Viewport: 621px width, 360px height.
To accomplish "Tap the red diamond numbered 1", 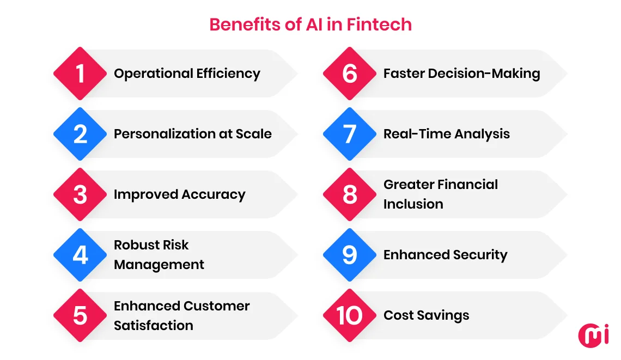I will pyautogui.click(x=80, y=74).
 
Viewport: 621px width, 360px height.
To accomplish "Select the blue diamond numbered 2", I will pyautogui.click(x=80, y=134).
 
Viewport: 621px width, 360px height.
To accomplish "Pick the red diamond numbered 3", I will pyautogui.click(x=80, y=194).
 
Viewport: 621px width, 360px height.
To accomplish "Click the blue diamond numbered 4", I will pyautogui.click(x=80, y=255).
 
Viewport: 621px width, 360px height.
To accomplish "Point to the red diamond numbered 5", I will pyautogui.click(x=80, y=315).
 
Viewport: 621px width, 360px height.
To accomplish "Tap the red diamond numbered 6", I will pyautogui.click(x=350, y=74).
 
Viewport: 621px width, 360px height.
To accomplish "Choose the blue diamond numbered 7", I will pyautogui.click(x=350, y=134).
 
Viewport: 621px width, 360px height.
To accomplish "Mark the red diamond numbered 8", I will pyautogui.click(x=350, y=194).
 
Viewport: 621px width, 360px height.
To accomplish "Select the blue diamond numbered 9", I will pyautogui.click(x=350, y=255).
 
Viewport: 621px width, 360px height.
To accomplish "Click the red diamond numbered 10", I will pyautogui.click(x=350, y=315).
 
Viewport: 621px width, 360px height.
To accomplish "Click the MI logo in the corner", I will pyautogui.click(x=593, y=334).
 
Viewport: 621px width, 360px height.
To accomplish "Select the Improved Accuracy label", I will pyautogui.click(x=179, y=194).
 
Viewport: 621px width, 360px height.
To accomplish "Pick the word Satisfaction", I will pyautogui.click(x=153, y=326).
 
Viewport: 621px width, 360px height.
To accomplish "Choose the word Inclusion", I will pyautogui.click(x=413, y=204).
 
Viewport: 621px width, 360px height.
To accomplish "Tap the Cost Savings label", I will pyautogui.click(x=426, y=315).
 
